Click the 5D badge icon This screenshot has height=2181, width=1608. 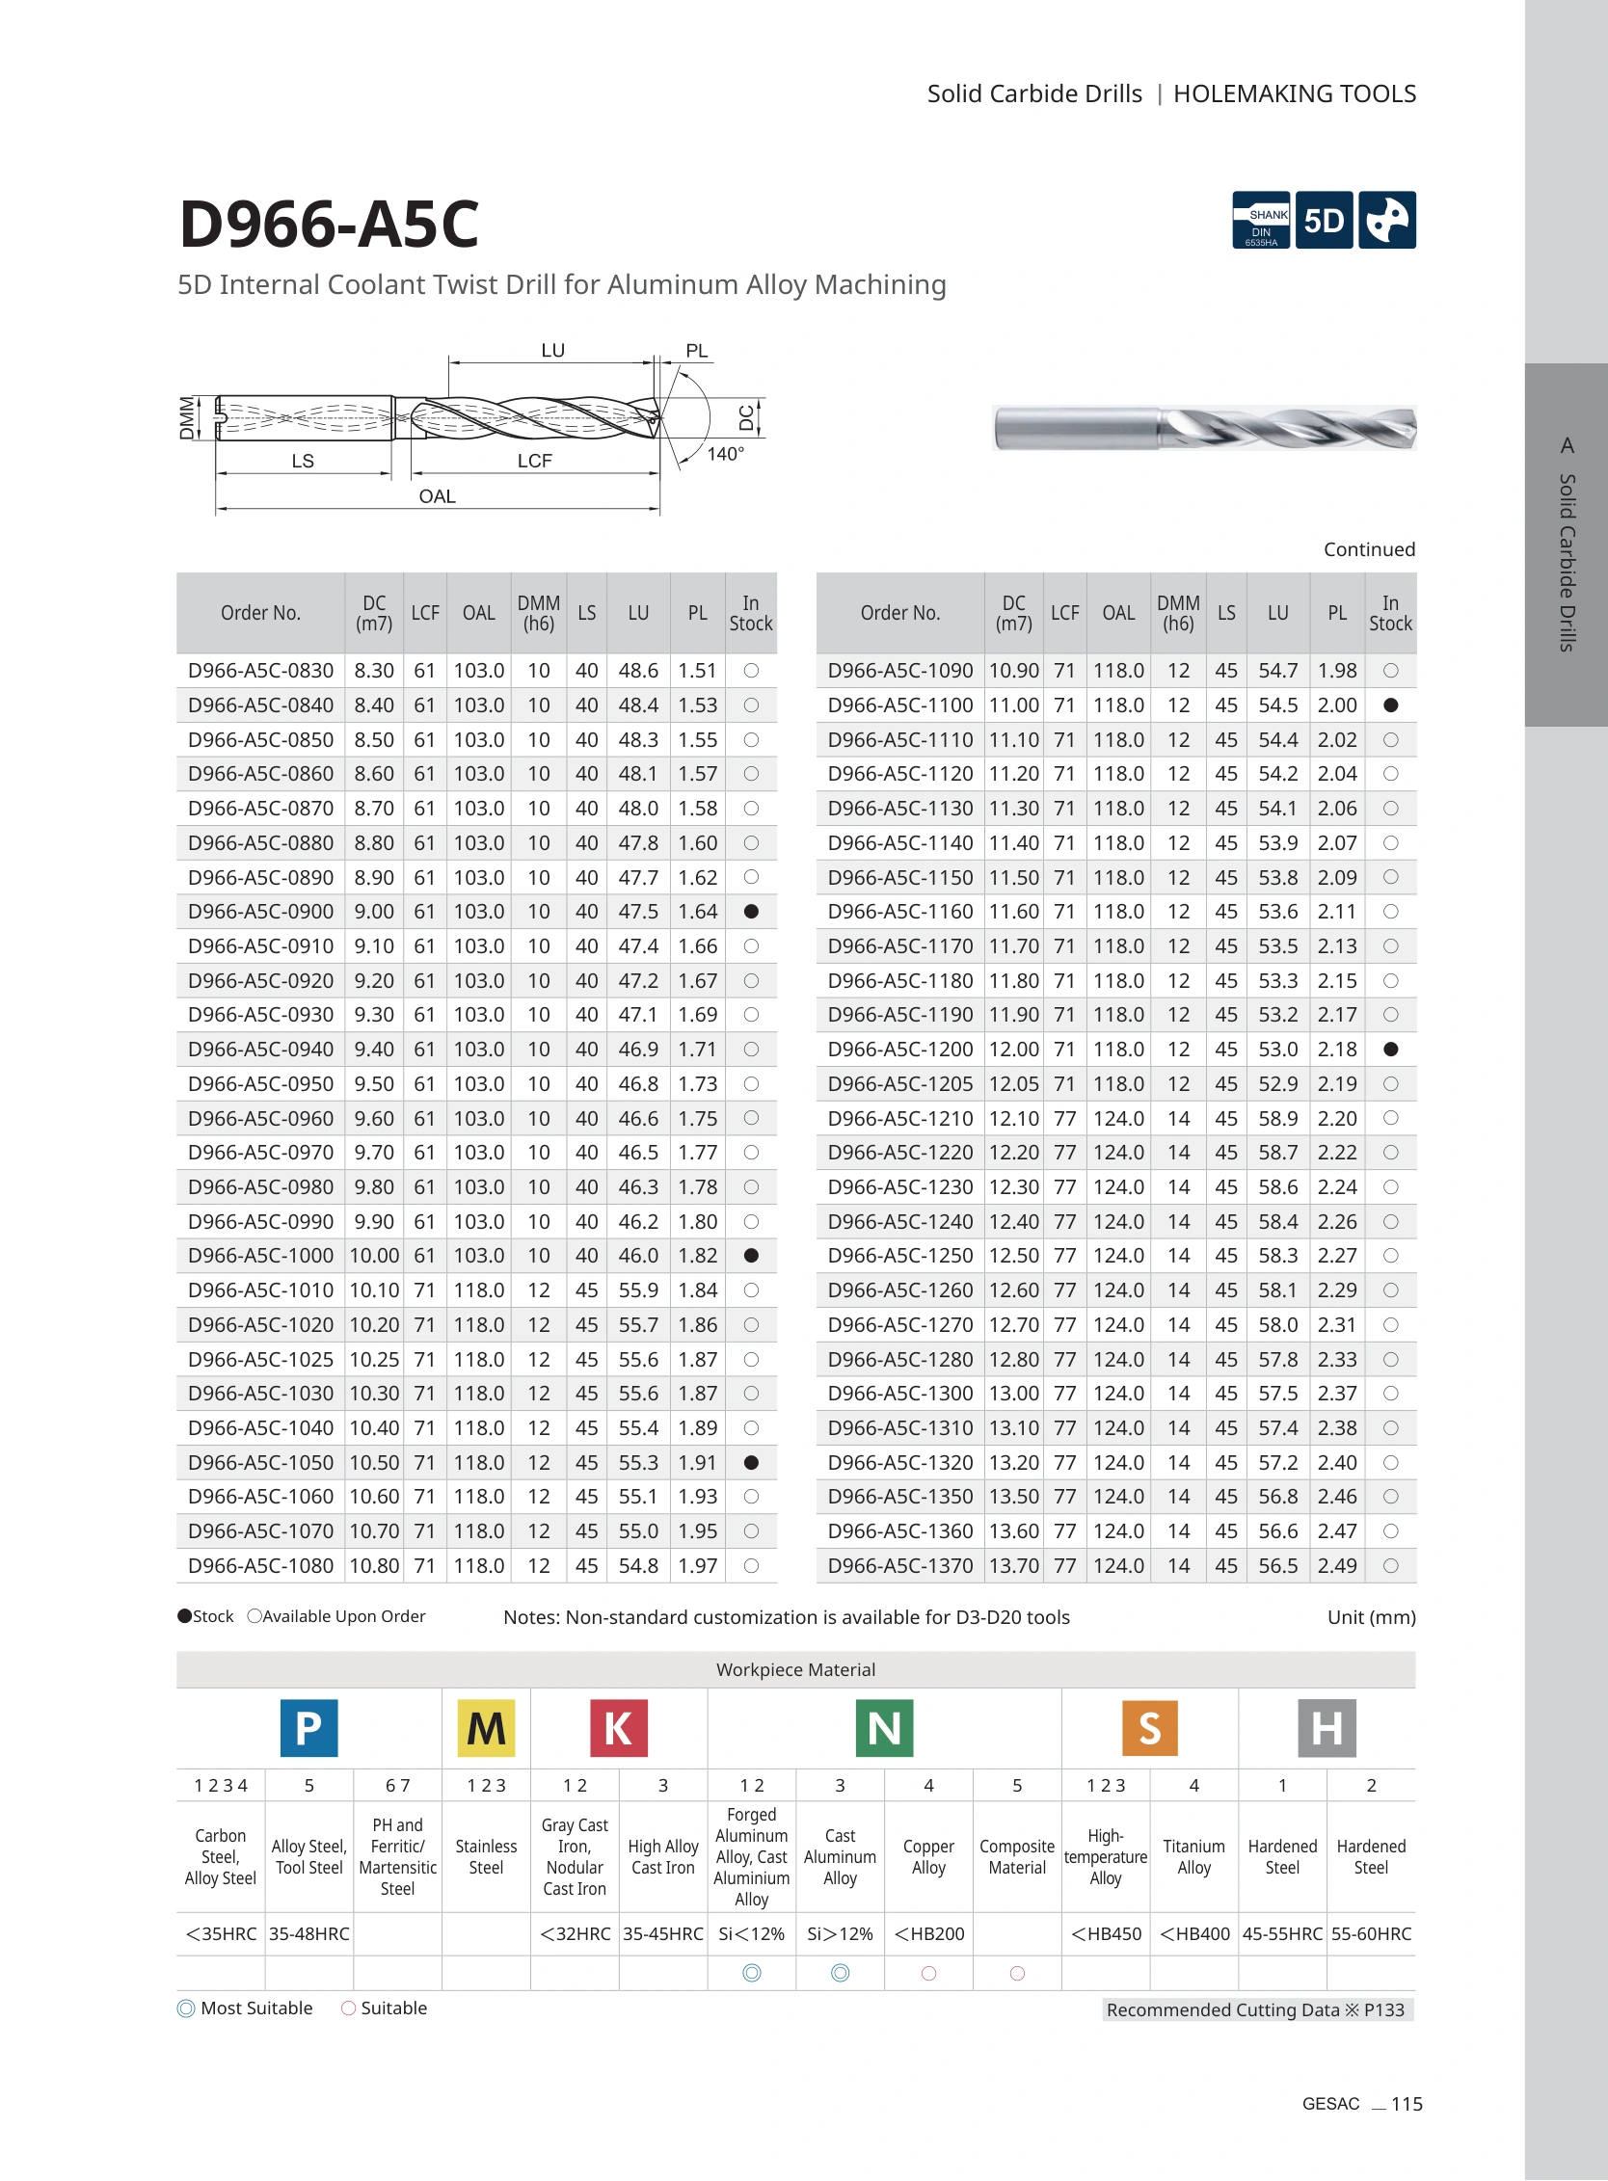[1324, 220]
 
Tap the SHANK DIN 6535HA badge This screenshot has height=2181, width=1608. [1262, 220]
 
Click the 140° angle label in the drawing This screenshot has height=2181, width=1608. [725, 454]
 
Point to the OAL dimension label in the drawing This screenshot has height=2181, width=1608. [437, 496]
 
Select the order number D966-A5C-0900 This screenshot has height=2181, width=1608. [261, 912]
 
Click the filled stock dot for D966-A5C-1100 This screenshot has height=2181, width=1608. [1391, 705]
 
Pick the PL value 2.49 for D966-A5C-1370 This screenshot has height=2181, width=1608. [1337, 1566]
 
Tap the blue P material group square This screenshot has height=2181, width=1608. [308, 1727]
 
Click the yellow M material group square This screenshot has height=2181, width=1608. [486, 1727]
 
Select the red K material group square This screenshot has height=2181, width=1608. [618, 1727]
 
